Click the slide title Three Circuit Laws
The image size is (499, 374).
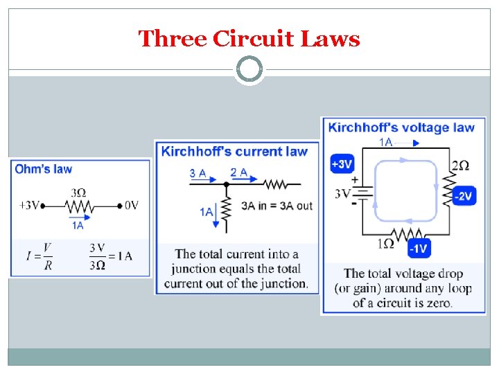(x=249, y=39)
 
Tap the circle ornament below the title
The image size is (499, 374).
(x=249, y=69)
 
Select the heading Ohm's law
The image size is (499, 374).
(x=44, y=169)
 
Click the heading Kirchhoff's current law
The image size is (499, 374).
(x=234, y=152)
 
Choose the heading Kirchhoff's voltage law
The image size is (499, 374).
(x=401, y=127)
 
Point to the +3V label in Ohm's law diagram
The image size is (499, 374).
(x=30, y=205)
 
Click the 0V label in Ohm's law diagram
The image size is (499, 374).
(x=132, y=205)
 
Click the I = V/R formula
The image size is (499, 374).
(x=40, y=256)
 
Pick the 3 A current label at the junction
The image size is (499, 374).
(x=198, y=173)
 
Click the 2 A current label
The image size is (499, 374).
(x=239, y=172)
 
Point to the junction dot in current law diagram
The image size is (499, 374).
(x=225, y=184)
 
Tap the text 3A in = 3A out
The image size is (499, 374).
(x=277, y=206)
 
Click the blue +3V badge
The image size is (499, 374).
(x=342, y=164)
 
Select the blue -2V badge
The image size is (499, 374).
(x=464, y=196)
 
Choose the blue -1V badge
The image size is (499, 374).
(x=419, y=247)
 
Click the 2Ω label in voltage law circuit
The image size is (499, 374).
(x=460, y=166)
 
